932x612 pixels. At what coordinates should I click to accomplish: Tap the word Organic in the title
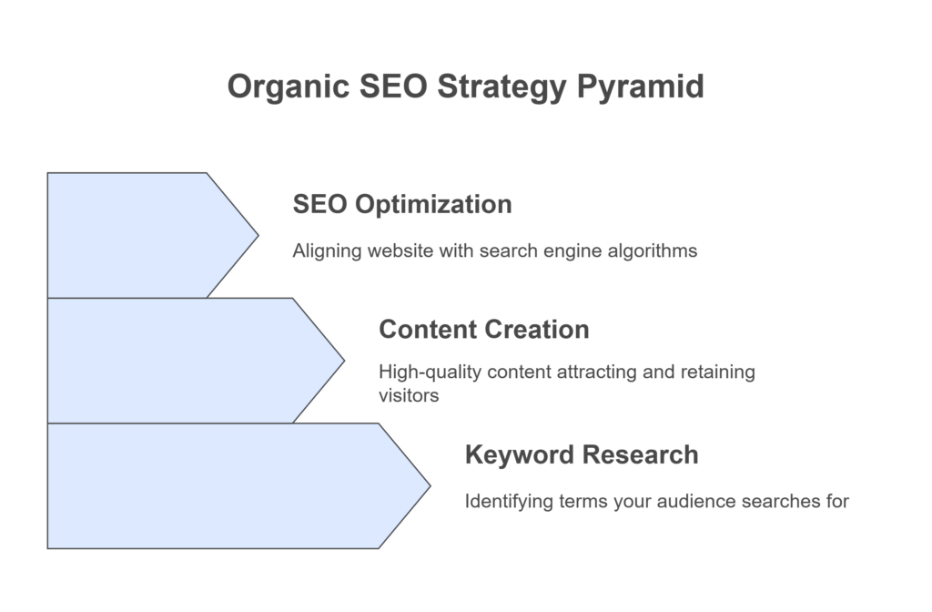(289, 87)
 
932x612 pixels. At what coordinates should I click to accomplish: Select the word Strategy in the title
(501, 87)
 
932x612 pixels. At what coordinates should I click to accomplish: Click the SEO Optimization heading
(402, 205)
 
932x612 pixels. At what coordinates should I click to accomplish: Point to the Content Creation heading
(484, 330)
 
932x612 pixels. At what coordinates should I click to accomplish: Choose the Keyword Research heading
(582, 455)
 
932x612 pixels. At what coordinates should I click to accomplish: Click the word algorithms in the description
(652, 251)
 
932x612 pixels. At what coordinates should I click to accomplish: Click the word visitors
(409, 395)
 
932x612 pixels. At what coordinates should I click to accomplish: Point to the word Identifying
(509, 502)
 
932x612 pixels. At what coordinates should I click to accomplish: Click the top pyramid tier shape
(143, 236)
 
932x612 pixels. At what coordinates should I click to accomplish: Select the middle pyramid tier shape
(184, 361)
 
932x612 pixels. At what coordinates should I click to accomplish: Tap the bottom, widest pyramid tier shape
(226, 486)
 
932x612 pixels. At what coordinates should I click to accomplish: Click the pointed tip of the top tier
(258, 236)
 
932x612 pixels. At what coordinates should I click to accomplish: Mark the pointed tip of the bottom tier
(431, 486)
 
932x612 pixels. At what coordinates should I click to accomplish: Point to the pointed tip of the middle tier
(344, 361)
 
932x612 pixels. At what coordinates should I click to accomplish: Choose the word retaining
(717, 372)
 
